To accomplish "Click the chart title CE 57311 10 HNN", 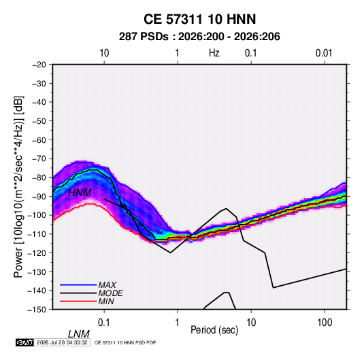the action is click(x=199, y=19).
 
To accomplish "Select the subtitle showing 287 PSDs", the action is click(x=199, y=37).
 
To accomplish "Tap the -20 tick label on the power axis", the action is click(x=39, y=65).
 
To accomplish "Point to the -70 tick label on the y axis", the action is click(x=39, y=159).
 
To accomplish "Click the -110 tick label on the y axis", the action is click(x=37, y=234).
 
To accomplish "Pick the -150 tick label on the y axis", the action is click(x=37, y=310).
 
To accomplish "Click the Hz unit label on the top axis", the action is click(x=214, y=53).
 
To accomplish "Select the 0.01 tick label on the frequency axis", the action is click(x=324, y=53).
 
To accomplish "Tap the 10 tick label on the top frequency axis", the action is click(x=104, y=53).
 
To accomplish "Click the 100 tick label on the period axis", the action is click(x=325, y=323).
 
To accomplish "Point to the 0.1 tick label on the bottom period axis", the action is click(x=103, y=323).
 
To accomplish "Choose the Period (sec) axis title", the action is click(x=214, y=330).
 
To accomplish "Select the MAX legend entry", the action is click(x=107, y=284).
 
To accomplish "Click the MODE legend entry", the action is click(x=110, y=293).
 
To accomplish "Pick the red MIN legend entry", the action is click(x=106, y=301).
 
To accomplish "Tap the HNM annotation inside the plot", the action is click(x=80, y=193).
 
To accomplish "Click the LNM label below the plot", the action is click(x=79, y=334).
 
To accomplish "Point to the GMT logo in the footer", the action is click(x=25, y=342).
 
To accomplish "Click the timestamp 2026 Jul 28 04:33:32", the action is click(x=62, y=342).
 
